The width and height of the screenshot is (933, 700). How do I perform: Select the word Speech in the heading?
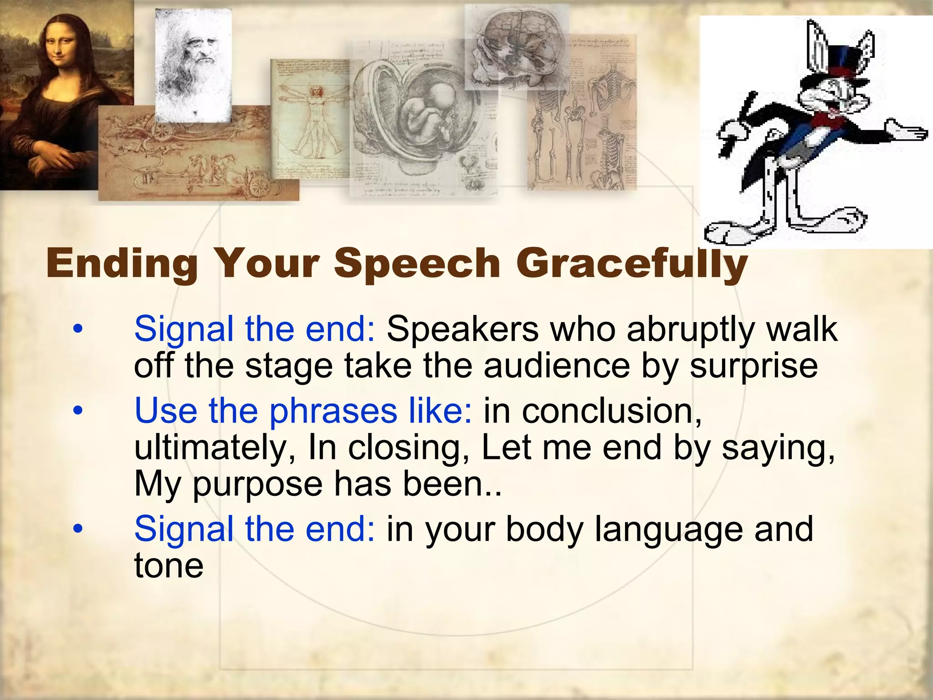(x=417, y=264)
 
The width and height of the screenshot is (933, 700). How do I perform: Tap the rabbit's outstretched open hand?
(x=907, y=132)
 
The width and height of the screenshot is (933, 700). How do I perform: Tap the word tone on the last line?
(x=169, y=566)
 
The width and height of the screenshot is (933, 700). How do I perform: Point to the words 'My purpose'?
(x=228, y=484)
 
